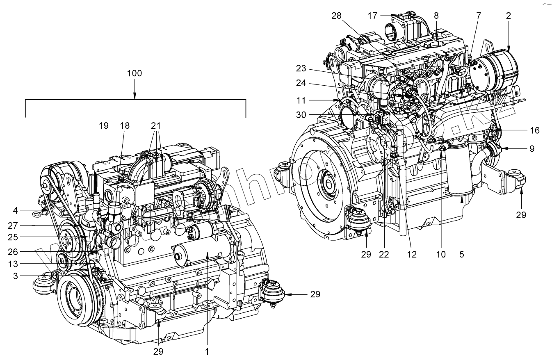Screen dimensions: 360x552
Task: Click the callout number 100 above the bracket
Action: pos(135,73)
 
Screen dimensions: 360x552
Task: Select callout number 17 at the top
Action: pos(372,16)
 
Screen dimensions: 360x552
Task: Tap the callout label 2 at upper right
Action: pos(509,16)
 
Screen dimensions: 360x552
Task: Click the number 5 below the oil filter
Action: pos(462,254)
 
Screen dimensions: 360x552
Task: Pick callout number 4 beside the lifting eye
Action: pos(15,212)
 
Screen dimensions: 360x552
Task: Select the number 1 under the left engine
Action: pos(207,351)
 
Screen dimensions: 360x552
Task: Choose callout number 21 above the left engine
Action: pos(155,126)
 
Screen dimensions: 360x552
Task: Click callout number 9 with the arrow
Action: pos(531,148)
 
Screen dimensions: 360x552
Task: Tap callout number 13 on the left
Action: pos(14,264)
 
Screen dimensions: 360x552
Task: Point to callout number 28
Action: pos(337,16)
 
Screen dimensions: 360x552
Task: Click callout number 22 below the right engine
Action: pos(383,254)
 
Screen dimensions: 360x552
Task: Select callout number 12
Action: pos(412,254)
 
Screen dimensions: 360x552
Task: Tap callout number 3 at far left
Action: pos(15,276)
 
